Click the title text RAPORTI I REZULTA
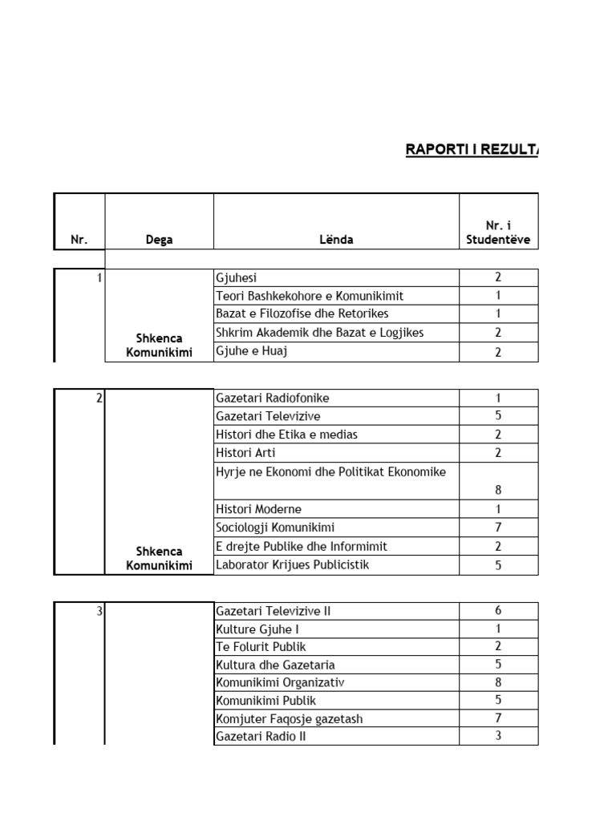(x=472, y=150)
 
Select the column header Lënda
(x=335, y=240)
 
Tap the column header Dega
(x=159, y=240)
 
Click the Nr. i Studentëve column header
(x=498, y=233)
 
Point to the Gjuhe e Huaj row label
(x=251, y=351)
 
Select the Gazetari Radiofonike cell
(x=273, y=398)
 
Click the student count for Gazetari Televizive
(x=498, y=416)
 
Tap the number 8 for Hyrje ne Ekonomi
(x=498, y=490)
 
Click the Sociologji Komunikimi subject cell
(x=275, y=528)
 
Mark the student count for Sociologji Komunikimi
(x=498, y=528)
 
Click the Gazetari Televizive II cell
(x=274, y=611)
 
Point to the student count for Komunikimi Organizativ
(x=498, y=682)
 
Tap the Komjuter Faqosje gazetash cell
(x=289, y=719)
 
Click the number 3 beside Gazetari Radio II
(x=498, y=736)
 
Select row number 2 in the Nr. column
(x=99, y=398)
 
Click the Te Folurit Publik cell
(x=261, y=647)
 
